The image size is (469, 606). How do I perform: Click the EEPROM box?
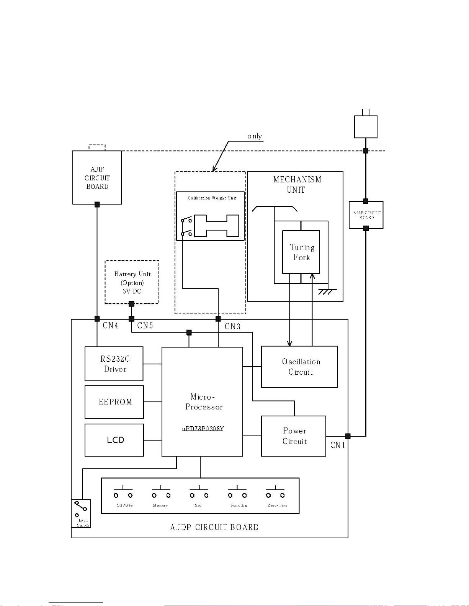point(114,402)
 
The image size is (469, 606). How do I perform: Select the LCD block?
point(114,440)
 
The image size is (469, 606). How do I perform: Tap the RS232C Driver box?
point(114,364)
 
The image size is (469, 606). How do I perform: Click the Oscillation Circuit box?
point(299,367)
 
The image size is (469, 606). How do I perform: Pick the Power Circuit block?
point(293,436)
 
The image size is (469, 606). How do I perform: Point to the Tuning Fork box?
point(301,252)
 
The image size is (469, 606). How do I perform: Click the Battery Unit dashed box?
point(132,282)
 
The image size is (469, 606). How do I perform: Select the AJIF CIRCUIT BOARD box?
point(97,177)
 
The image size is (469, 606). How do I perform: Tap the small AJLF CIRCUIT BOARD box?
point(366,215)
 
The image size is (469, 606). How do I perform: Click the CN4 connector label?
point(110,326)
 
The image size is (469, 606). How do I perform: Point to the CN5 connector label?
point(145,326)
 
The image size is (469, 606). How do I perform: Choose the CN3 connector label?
point(232,327)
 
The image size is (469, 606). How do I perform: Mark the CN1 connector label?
point(338,445)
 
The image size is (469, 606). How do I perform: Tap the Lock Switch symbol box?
point(81,513)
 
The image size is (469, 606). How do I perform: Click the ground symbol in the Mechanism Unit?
point(326,291)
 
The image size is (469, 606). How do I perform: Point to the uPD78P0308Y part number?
point(203,429)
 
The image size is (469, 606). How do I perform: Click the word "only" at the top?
point(255,136)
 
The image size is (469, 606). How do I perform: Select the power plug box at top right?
point(366,127)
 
